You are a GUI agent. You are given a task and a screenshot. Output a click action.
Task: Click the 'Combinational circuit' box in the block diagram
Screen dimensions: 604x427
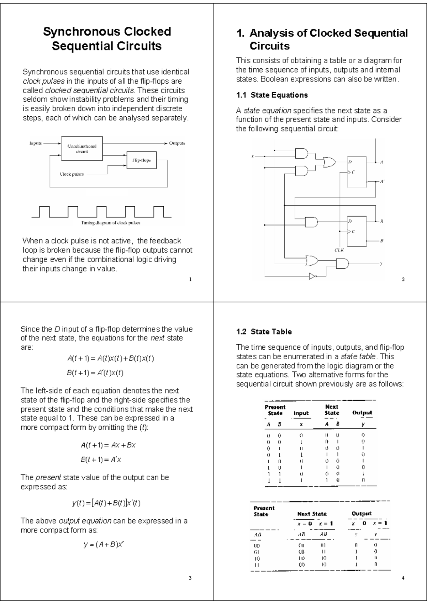tap(82, 148)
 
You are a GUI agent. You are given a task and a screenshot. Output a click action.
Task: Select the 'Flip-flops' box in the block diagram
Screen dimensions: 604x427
tap(141, 160)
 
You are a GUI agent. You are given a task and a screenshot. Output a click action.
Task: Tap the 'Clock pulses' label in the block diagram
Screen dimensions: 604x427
tap(72, 174)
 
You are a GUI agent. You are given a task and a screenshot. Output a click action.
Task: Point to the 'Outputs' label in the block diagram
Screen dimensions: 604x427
tap(177, 143)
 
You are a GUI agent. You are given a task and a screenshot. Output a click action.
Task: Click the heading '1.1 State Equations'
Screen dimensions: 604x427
tap(272, 95)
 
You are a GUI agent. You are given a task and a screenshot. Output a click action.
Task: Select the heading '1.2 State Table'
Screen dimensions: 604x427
tap(264, 332)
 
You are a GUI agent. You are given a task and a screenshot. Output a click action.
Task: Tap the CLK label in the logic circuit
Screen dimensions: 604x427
tap(339, 250)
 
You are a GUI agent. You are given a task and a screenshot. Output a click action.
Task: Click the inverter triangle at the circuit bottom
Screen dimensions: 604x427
tap(312, 276)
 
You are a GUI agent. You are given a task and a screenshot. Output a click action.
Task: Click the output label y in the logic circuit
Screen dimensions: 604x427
tap(381, 264)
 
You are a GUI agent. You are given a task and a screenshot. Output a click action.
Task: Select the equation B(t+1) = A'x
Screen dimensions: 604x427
tap(101, 460)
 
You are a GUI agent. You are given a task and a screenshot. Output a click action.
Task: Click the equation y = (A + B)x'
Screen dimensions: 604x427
tap(104, 545)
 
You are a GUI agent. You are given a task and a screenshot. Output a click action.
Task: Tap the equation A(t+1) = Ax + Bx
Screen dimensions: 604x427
tap(108, 445)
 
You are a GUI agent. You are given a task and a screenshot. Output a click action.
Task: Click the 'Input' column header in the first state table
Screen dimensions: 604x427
tap(301, 413)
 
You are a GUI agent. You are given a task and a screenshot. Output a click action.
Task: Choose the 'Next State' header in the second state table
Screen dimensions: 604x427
tap(312, 514)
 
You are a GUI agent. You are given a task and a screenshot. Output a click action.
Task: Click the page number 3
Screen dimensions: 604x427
tap(190, 578)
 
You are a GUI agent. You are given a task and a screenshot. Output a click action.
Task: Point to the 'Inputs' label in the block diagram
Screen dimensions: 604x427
tap(35, 143)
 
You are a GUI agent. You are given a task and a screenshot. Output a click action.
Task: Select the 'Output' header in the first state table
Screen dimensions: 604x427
tap(362, 413)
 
